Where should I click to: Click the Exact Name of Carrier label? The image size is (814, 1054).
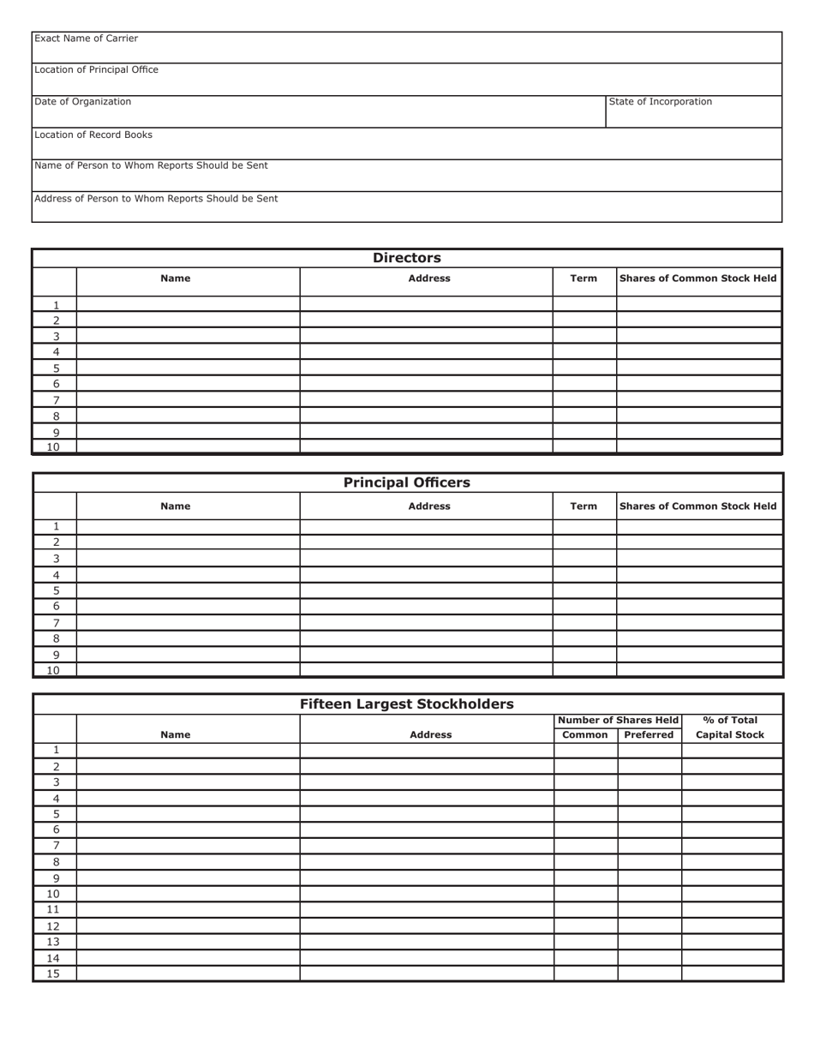(86, 39)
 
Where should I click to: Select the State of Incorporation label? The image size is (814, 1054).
(660, 102)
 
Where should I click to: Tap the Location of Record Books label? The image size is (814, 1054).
(93, 135)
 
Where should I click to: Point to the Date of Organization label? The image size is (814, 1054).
(83, 102)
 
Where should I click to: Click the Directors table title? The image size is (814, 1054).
(407, 258)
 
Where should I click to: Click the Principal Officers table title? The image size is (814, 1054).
(407, 482)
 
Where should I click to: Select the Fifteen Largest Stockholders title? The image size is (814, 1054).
(407, 704)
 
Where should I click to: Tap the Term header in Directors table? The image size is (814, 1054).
(584, 278)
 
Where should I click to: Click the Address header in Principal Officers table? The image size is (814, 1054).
(429, 506)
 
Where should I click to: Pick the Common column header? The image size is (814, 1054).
(585, 735)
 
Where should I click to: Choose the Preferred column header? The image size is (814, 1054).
(649, 735)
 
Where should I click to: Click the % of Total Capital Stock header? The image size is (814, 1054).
(730, 728)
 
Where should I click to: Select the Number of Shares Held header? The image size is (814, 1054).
(618, 721)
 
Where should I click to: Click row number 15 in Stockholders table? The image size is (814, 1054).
(54, 973)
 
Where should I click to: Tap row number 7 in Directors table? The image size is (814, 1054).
(56, 400)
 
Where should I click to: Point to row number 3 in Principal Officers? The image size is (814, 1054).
(56, 558)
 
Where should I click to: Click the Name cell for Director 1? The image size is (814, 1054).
(188, 304)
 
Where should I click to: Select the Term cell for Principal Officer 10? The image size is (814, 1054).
(584, 670)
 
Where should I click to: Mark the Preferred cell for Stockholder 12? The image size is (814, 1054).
(649, 926)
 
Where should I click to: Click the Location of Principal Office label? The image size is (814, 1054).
(96, 69)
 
